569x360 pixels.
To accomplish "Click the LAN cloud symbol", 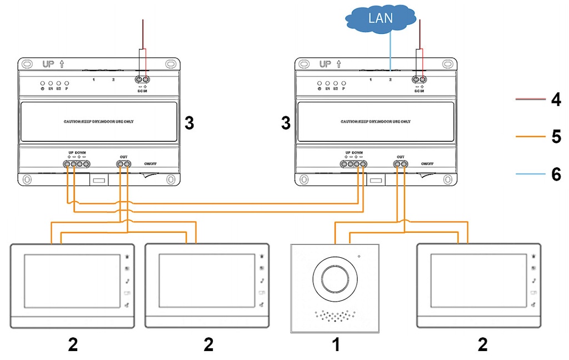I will coord(380,18).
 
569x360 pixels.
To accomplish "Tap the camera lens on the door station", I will coord(335,276).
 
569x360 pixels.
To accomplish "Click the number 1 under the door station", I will coord(335,345).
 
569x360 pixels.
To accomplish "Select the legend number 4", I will coord(556,100).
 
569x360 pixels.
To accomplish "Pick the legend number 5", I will coord(556,137).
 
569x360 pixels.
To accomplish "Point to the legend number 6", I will coord(556,174).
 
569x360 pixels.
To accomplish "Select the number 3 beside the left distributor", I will coord(189,123).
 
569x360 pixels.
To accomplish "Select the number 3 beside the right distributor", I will coord(286,123).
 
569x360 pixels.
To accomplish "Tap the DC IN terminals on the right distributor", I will coord(418,79).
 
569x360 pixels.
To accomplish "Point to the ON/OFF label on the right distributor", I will coord(427,163).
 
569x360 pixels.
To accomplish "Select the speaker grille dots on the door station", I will coord(335,316).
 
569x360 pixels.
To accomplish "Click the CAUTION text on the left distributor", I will coord(98,121).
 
